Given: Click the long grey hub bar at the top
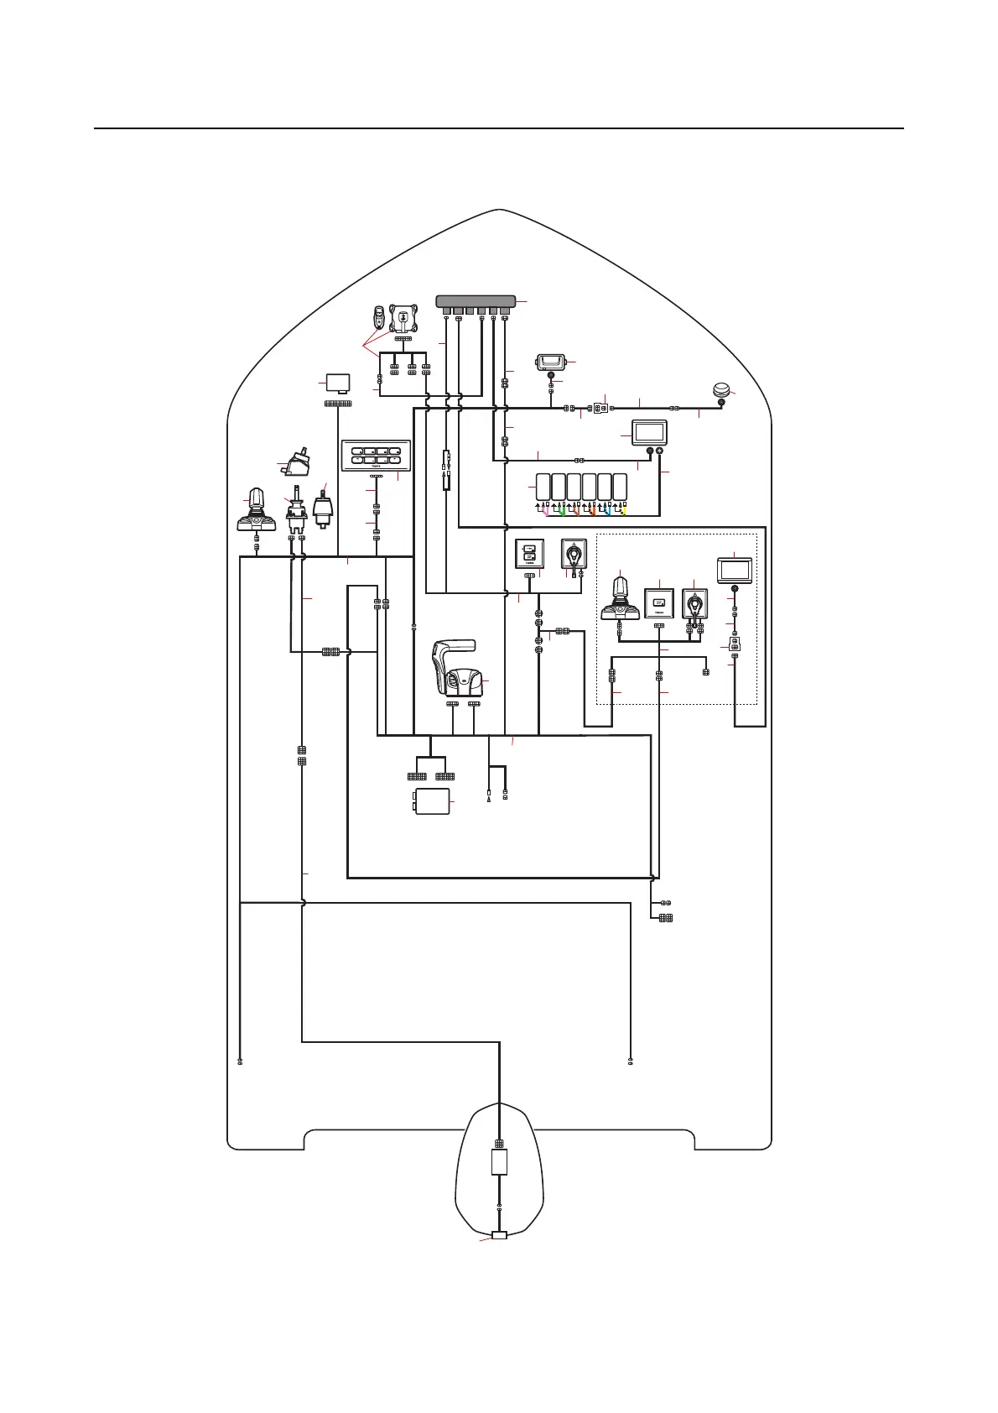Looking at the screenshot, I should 476,301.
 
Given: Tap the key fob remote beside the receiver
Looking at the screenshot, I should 379,319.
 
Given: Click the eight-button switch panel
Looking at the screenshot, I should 376,456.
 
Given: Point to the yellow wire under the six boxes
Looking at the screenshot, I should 624,509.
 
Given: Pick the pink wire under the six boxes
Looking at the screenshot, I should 546,509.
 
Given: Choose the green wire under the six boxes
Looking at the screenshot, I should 562,509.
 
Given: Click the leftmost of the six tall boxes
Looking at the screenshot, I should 543,488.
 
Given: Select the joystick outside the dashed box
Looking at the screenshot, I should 256,510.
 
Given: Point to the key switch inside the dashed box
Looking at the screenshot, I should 695,603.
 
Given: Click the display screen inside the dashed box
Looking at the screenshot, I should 735,571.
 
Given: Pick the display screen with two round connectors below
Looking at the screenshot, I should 648,433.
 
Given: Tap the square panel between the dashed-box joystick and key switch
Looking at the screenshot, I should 658,603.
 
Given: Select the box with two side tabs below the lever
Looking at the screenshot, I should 433,802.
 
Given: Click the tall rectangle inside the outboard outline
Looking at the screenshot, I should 499,1163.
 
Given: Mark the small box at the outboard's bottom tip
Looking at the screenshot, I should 500,1235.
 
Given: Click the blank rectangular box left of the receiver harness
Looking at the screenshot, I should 338,383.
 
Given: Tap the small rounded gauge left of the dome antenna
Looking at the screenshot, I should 551,363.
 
